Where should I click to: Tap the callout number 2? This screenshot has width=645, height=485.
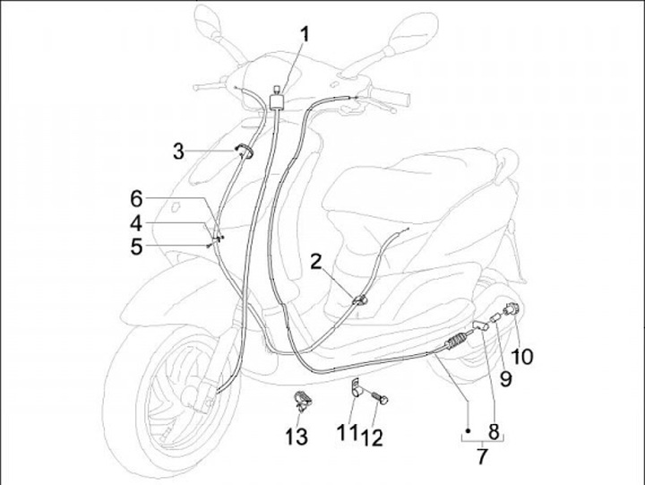[x=315, y=261]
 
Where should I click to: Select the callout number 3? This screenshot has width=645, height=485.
[x=178, y=151]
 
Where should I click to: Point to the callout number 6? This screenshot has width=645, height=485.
[x=136, y=197]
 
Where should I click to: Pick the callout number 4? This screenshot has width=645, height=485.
[x=136, y=221]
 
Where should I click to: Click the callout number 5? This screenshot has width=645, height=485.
[x=136, y=246]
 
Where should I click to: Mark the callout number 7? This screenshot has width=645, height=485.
[x=482, y=458]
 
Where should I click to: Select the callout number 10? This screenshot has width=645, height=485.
[x=522, y=356]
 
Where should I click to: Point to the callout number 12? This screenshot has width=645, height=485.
[x=374, y=437]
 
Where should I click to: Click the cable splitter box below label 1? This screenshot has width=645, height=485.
[x=277, y=99]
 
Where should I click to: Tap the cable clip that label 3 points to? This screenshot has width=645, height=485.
[x=244, y=152]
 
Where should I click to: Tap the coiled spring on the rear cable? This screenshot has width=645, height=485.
[x=457, y=342]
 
